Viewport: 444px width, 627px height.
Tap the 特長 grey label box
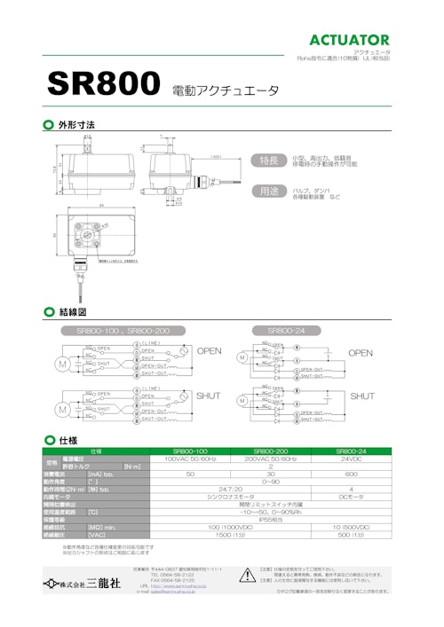pos(268,160)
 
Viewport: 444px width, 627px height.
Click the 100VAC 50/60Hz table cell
pos(189,458)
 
